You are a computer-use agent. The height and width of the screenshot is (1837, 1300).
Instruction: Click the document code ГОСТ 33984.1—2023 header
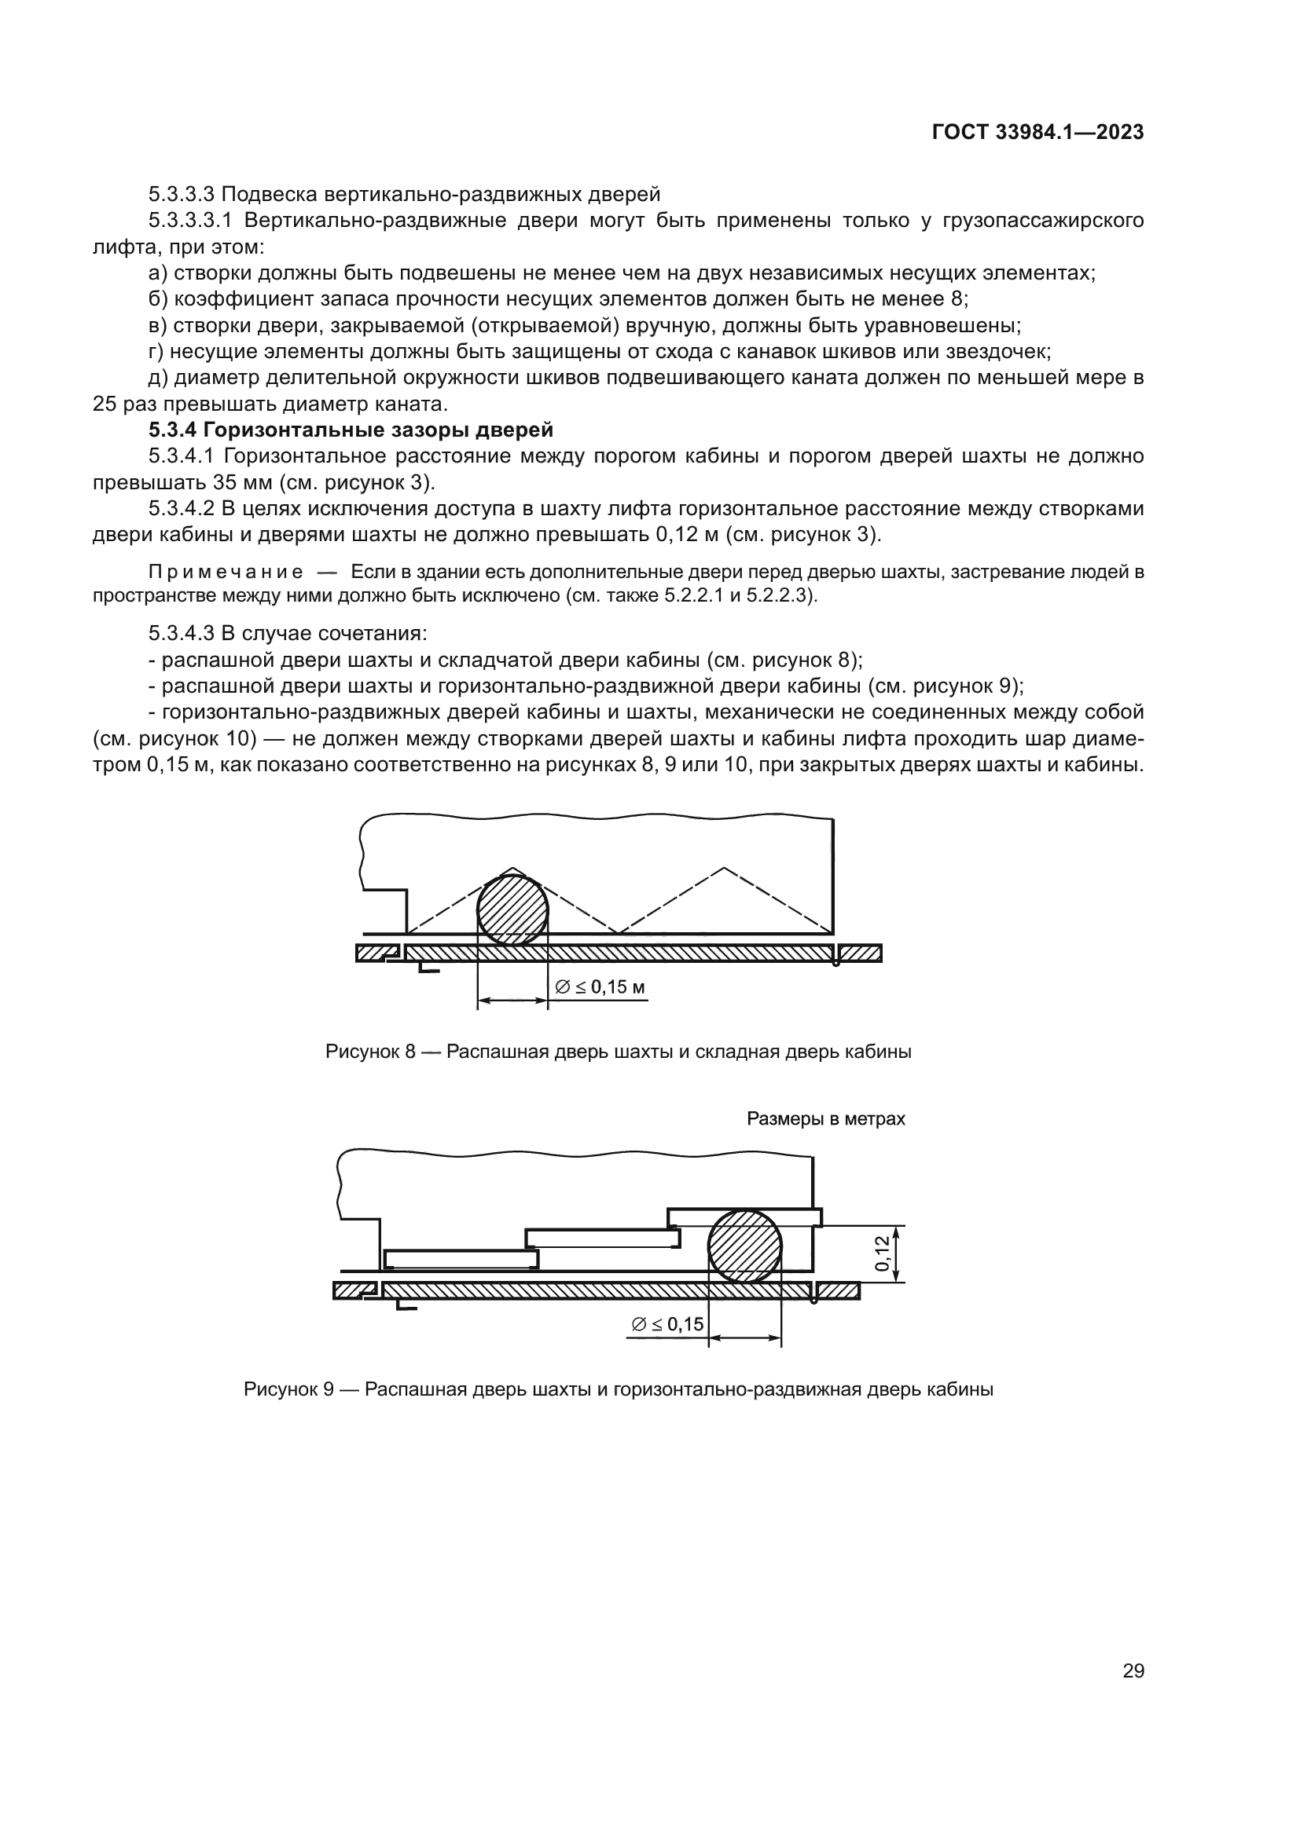(x=1037, y=133)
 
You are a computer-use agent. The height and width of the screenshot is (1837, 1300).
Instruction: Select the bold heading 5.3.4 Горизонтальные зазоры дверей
(x=351, y=430)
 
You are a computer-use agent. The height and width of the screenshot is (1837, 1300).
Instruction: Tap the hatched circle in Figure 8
(x=512, y=909)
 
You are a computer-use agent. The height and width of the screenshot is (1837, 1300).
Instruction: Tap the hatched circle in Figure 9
(x=744, y=1246)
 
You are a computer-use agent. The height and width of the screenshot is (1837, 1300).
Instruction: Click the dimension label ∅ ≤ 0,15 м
(x=600, y=987)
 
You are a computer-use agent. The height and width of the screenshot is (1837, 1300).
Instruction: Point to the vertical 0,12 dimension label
(x=881, y=1253)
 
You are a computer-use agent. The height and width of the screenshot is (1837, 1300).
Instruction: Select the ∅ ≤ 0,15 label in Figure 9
(x=667, y=1325)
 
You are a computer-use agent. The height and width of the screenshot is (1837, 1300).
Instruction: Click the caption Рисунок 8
(x=618, y=1052)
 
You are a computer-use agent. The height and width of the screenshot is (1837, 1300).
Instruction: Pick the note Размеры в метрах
(x=825, y=1118)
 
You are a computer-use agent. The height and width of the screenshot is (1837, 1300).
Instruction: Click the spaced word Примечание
(x=226, y=572)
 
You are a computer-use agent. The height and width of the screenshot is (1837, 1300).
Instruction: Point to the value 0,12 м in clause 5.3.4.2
(x=688, y=536)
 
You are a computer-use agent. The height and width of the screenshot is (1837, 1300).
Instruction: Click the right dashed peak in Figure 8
(x=725, y=869)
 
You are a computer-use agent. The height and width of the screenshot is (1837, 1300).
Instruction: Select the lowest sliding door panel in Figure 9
(x=461, y=1259)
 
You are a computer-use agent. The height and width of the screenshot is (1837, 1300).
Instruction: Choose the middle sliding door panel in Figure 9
(x=603, y=1238)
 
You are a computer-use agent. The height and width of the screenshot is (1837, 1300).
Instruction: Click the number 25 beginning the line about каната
(x=105, y=404)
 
